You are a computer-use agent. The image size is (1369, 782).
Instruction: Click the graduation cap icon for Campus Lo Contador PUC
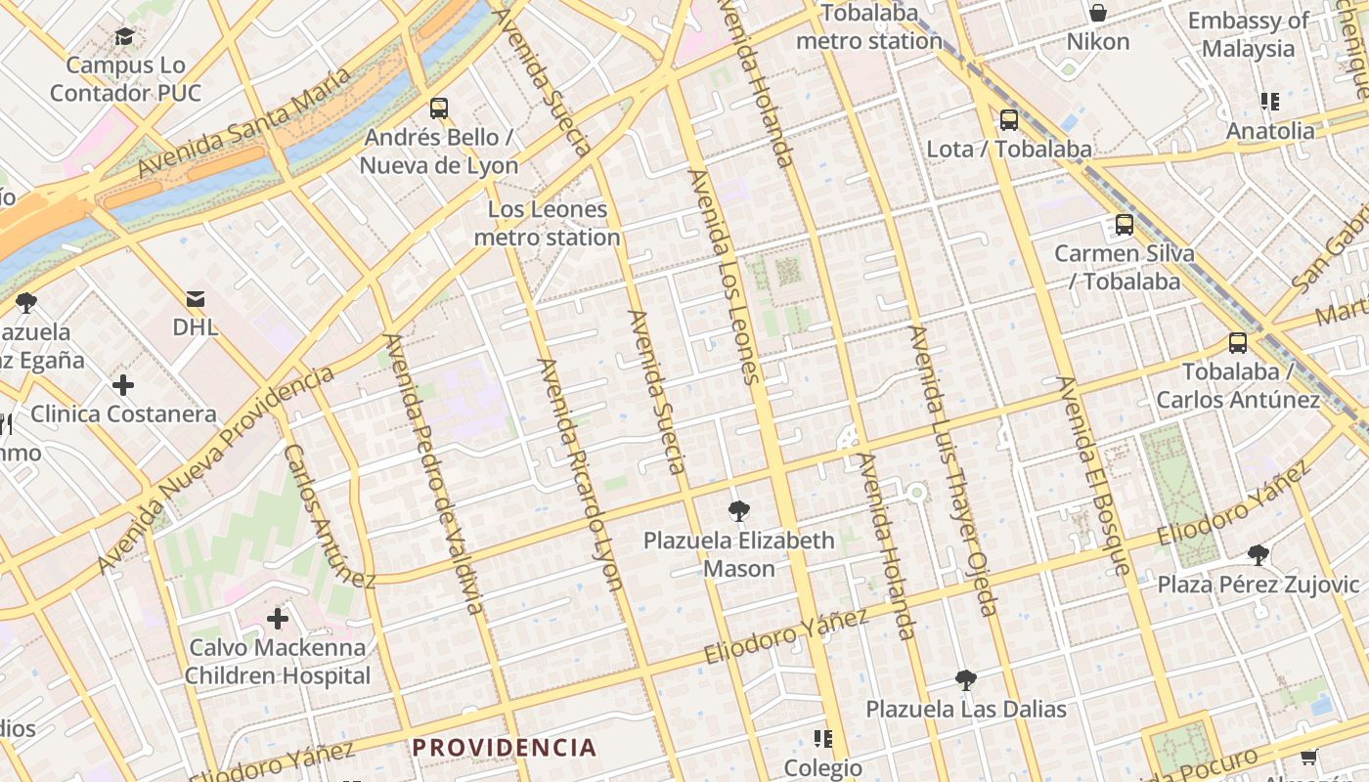(124, 37)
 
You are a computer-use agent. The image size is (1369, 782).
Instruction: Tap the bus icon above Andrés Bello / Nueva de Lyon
(439, 108)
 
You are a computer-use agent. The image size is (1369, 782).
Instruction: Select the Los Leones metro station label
(548, 223)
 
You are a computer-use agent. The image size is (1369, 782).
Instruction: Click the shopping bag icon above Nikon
(1098, 13)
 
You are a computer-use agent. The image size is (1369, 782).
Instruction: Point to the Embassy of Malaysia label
(1248, 34)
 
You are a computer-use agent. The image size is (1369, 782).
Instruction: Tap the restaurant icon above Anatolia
(1270, 102)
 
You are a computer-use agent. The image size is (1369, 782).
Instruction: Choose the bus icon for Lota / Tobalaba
(1009, 120)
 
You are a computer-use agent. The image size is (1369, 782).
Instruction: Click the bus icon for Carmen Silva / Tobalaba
(1125, 225)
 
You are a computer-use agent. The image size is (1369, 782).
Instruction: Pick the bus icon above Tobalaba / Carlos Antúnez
(1238, 343)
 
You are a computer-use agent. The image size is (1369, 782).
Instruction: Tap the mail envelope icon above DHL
(196, 298)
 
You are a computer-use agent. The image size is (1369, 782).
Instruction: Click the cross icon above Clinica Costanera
(123, 385)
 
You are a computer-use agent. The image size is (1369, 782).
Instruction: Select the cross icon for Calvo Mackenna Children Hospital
(278, 618)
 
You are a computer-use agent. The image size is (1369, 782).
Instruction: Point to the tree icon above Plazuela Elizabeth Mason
(738, 510)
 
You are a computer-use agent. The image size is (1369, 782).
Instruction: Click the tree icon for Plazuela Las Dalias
(966, 679)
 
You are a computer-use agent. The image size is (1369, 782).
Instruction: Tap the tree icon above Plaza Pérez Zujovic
(1259, 555)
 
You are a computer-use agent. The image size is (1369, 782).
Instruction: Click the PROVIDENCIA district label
(504, 748)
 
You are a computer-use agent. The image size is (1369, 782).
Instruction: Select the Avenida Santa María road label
(243, 123)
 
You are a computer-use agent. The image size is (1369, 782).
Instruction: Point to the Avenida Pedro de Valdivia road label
(434, 474)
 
